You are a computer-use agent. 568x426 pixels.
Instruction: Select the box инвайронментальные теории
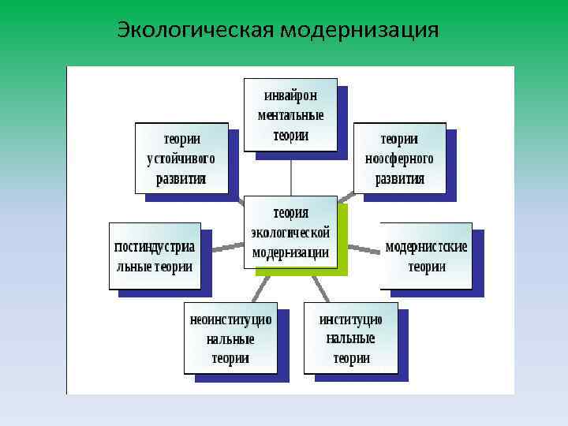click(x=290, y=114)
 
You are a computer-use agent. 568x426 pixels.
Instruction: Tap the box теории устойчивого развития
click(x=181, y=158)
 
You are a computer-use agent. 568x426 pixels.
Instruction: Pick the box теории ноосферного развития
click(x=399, y=158)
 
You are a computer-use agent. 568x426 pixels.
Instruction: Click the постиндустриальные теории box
click(x=154, y=256)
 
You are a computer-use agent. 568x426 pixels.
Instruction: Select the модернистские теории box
click(x=426, y=256)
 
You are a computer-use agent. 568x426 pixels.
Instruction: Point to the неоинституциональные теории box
click(x=230, y=338)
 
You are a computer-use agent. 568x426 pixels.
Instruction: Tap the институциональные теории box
click(x=351, y=338)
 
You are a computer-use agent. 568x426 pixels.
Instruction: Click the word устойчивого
click(x=181, y=159)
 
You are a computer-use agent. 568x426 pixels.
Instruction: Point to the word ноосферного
click(x=399, y=159)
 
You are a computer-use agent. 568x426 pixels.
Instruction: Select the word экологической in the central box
click(x=290, y=233)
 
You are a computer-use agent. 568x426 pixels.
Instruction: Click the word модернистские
click(x=426, y=247)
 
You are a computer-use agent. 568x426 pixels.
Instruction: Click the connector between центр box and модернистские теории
click(x=364, y=249)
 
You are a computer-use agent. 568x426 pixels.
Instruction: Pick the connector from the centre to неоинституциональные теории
click(x=256, y=289)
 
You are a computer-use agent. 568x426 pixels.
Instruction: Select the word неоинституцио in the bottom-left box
click(x=230, y=320)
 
